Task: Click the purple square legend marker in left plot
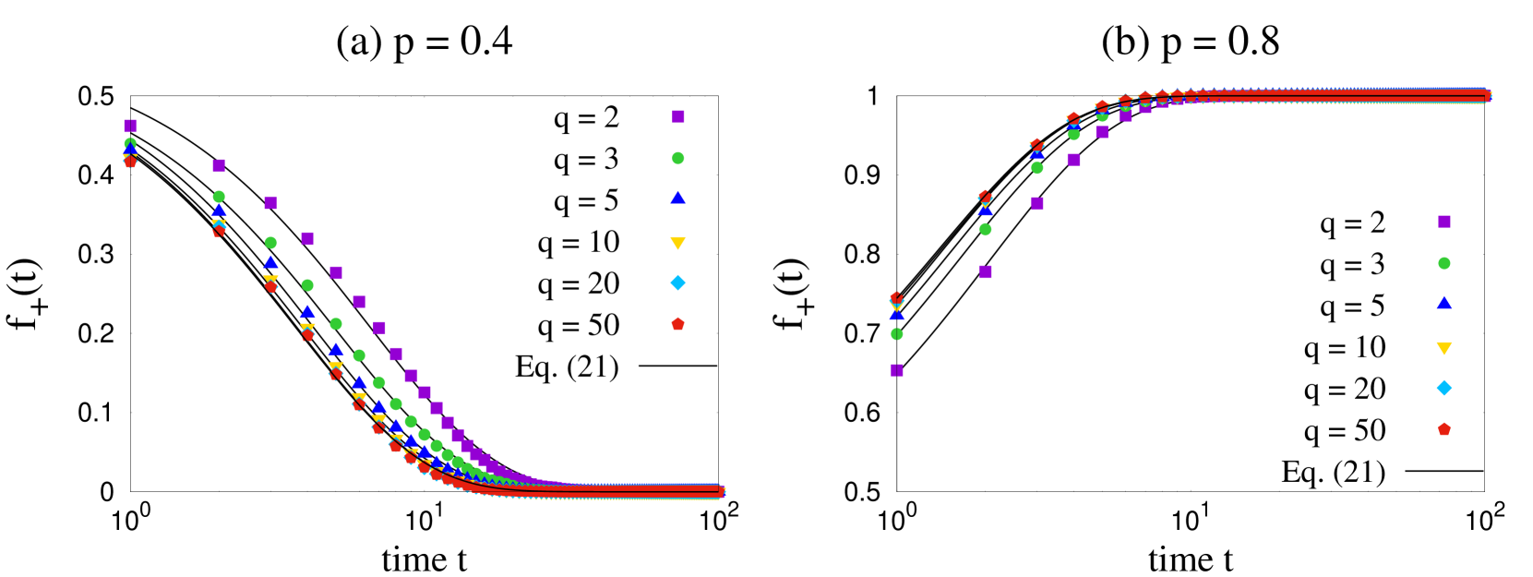(678, 116)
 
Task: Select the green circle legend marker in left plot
(678, 158)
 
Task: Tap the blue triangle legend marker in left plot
(678, 198)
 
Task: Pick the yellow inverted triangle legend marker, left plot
(678, 243)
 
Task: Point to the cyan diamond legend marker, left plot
(678, 282)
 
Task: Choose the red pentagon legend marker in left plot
(678, 323)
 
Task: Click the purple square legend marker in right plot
(1444, 222)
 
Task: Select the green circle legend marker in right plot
(1444, 263)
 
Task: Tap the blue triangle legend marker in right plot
(1444, 303)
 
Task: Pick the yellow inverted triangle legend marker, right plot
(1444, 348)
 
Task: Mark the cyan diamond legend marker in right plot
(1444, 388)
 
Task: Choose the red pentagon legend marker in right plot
(1444, 428)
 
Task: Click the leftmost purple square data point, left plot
(131, 126)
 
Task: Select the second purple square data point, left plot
(219, 166)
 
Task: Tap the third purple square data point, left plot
(271, 203)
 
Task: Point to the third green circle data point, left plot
(271, 243)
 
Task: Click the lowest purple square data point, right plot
(897, 370)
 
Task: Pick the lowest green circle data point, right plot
(897, 334)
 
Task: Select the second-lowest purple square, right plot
(986, 271)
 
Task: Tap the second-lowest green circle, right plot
(986, 229)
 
